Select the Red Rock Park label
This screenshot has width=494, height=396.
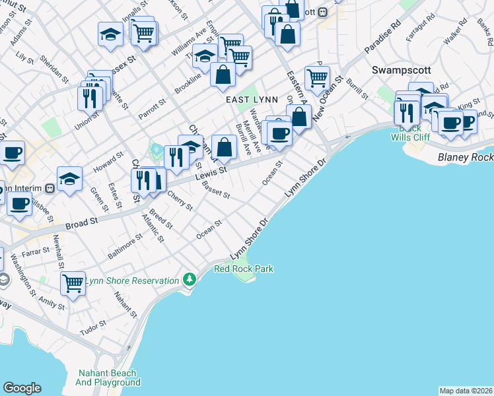[x=244, y=269]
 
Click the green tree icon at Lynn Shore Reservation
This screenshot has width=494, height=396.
[x=190, y=279]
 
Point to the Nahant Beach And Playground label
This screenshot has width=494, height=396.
[x=108, y=377]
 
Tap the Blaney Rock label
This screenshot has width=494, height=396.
[x=466, y=158]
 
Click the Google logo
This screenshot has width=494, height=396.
[x=22, y=388]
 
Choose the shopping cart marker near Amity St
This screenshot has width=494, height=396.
[x=73, y=283]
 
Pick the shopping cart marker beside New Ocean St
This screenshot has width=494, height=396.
[x=317, y=77]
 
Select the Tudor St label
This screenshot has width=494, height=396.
[x=92, y=327]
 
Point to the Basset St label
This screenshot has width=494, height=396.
[x=215, y=192]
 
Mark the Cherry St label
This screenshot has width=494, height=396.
[x=180, y=200]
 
